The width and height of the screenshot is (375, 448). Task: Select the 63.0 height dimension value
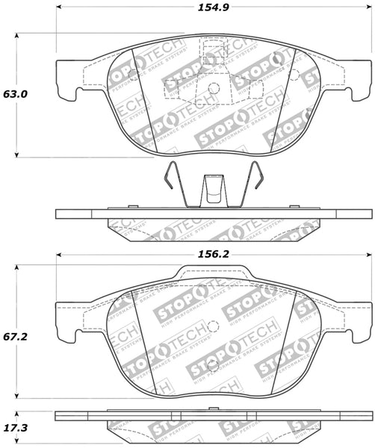tap(16, 94)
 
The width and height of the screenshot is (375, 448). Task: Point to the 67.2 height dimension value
tap(16, 337)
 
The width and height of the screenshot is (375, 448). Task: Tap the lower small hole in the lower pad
tap(214, 365)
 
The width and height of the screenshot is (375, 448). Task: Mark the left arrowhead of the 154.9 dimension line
tap(60, 10)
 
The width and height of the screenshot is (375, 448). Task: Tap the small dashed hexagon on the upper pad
tap(293, 75)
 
